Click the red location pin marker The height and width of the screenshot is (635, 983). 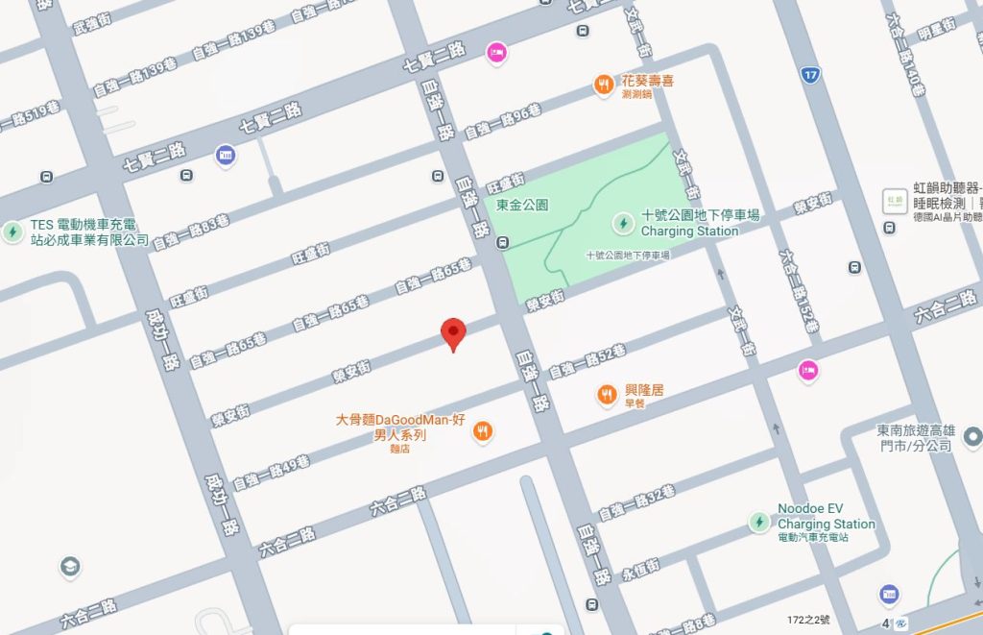453,333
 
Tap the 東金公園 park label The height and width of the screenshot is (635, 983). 522,206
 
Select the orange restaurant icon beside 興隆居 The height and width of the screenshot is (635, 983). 606,394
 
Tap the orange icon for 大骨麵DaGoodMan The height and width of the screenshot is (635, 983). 483,432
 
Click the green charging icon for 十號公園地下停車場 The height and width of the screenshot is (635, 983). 623,223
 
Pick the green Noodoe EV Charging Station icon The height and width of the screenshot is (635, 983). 759,522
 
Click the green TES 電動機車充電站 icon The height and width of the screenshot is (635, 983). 12,232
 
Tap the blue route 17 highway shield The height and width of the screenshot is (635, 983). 812,73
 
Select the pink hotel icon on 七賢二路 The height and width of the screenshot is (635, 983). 496,52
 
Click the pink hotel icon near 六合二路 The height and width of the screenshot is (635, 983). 808,369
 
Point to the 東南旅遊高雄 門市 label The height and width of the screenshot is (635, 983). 914,438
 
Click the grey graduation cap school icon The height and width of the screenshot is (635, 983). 69,566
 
